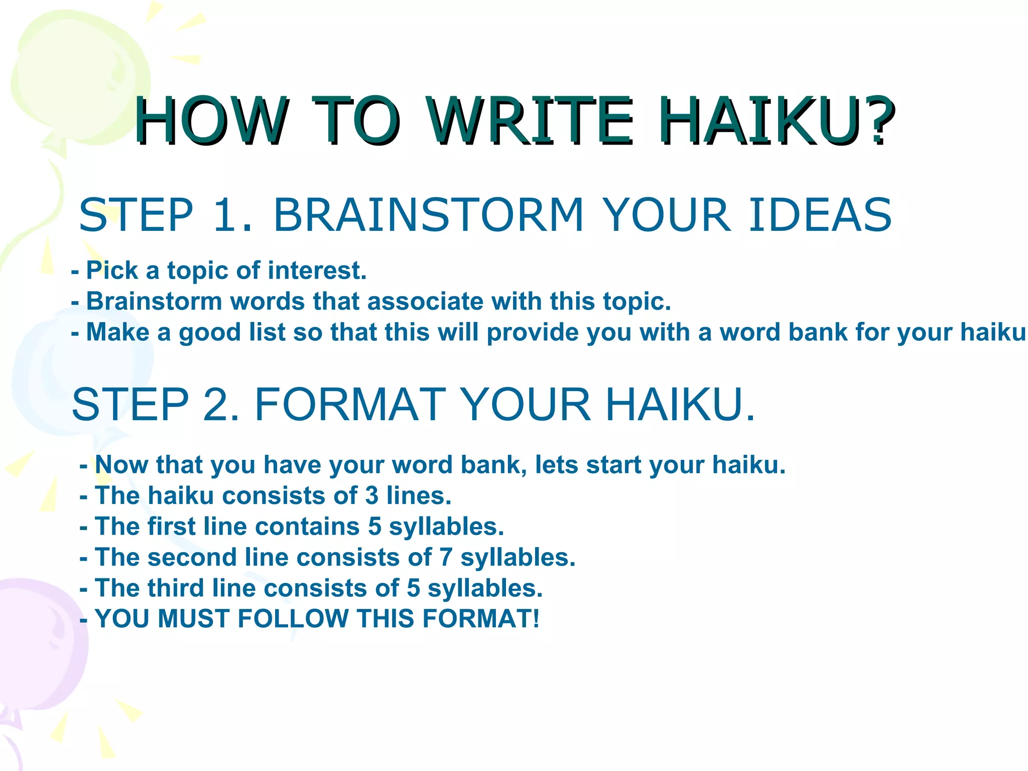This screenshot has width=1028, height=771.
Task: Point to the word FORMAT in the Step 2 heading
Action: [x=350, y=405]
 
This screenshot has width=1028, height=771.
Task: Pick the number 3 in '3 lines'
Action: [x=372, y=496]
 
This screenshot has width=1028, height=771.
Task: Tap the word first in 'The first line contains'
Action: [x=171, y=527]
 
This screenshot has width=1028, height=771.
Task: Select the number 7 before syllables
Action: [x=446, y=558]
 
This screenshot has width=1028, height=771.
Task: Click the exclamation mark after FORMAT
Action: [x=536, y=618]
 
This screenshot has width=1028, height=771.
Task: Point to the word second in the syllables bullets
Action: [x=192, y=558]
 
